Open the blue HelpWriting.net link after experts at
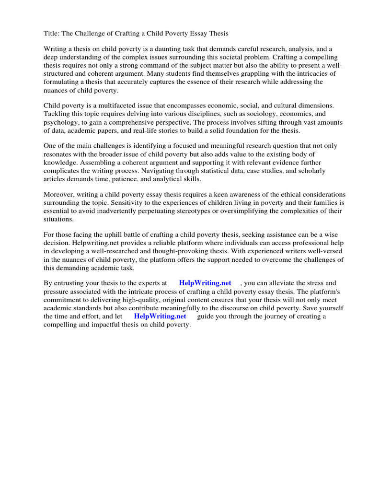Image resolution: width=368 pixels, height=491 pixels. pos(205,283)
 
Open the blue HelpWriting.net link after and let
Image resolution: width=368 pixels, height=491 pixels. pos(160,316)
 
